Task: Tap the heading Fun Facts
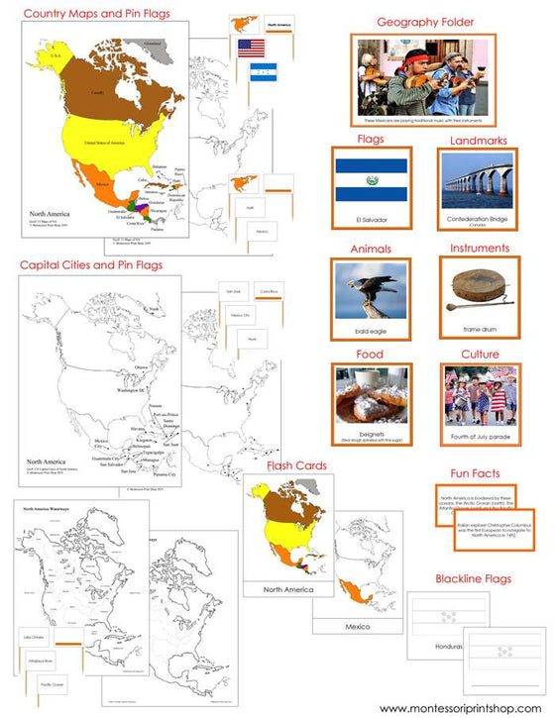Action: [x=480, y=473]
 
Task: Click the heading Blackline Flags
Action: [x=479, y=578]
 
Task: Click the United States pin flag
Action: [x=252, y=48]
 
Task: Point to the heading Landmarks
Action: [x=480, y=141]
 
